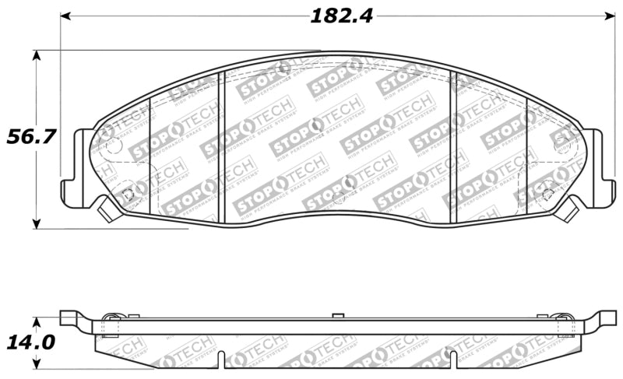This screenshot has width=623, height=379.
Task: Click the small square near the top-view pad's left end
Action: pyautogui.click(x=127, y=193)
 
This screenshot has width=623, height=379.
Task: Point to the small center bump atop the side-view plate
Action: pyautogui.click(x=336, y=315)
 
